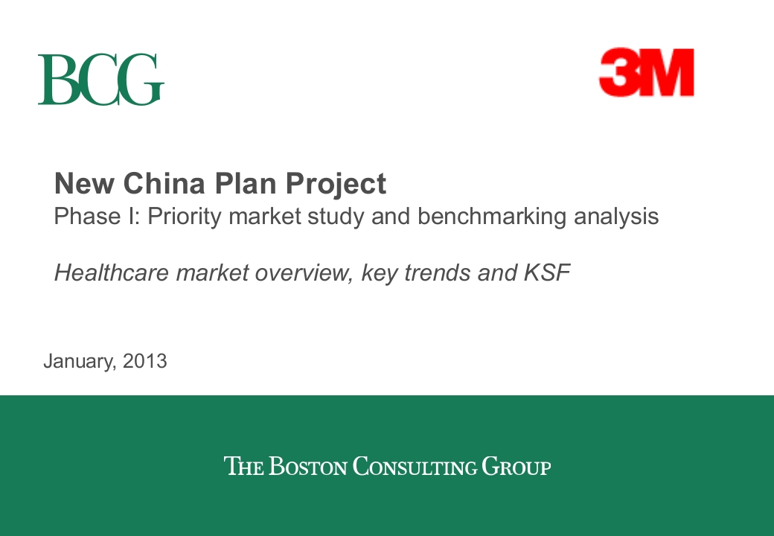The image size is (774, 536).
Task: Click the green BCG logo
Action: [x=100, y=79]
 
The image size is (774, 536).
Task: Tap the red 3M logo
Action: [x=647, y=72]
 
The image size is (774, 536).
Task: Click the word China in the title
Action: [x=164, y=183]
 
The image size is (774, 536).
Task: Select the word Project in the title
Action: [x=336, y=185]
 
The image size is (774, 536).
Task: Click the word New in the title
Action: [x=84, y=183]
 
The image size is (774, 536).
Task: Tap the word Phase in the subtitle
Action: [x=87, y=216]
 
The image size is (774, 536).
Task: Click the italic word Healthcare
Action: [x=112, y=272]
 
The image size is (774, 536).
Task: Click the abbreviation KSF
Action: [x=547, y=272]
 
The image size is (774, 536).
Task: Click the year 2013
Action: [x=145, y=361]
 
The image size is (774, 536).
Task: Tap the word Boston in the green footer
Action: [x=308, y=467]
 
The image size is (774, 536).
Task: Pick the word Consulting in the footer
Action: [x=415, y=467]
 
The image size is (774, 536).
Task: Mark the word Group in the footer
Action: [x=516, y=467]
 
